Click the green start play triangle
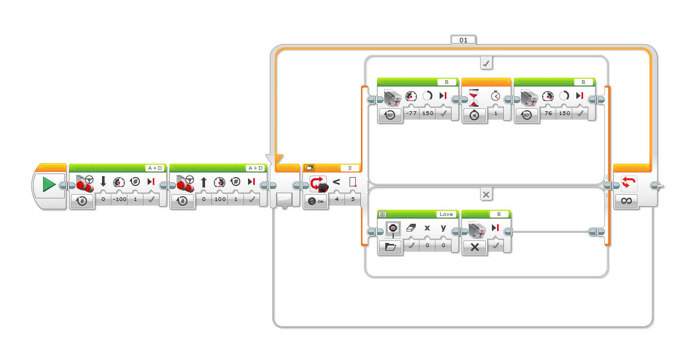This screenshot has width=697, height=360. [49, 184]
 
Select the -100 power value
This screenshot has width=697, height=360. [119, 199]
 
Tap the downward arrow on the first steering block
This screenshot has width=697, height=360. [103, 181]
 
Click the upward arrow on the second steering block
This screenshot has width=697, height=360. [204, 181]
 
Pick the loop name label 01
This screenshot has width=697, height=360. [463, 39]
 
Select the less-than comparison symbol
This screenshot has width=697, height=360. [336, 182]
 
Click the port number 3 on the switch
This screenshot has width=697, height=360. [350, 168]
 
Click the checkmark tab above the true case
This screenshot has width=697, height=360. [486, 63]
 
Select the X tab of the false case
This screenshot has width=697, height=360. [486, 194]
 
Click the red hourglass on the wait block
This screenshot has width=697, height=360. [474, 96]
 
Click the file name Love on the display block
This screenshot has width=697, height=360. [445, 214]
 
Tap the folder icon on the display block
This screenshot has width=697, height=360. [390, 247]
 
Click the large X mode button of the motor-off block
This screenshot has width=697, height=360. [474, 247]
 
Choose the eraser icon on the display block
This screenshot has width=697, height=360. [411, 228]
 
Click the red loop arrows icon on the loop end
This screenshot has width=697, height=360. [626, 182]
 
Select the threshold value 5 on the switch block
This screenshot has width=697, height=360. [353, 199]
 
